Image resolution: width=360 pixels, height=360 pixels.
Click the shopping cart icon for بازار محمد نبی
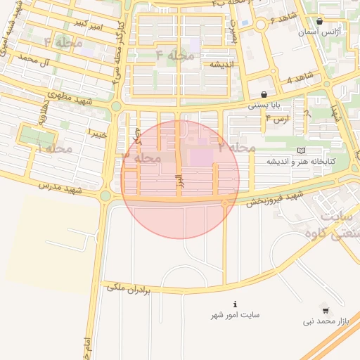[325, 309]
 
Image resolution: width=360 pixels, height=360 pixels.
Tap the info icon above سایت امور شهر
[236, 304]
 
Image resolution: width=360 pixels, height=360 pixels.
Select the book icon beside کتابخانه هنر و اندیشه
[302, 150]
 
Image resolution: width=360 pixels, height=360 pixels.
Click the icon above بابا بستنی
[264, 94]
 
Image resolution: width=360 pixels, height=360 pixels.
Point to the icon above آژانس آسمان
[320, 22]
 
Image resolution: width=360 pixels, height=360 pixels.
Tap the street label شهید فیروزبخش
[274, 197]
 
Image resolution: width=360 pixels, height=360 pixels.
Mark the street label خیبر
[96, 131]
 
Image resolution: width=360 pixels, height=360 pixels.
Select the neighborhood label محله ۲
[236, 147]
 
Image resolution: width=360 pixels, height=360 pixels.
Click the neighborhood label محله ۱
[54, 148]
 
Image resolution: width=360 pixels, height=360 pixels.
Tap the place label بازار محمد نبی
[326, 321]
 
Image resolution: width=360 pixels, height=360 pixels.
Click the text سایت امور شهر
[236, 314]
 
